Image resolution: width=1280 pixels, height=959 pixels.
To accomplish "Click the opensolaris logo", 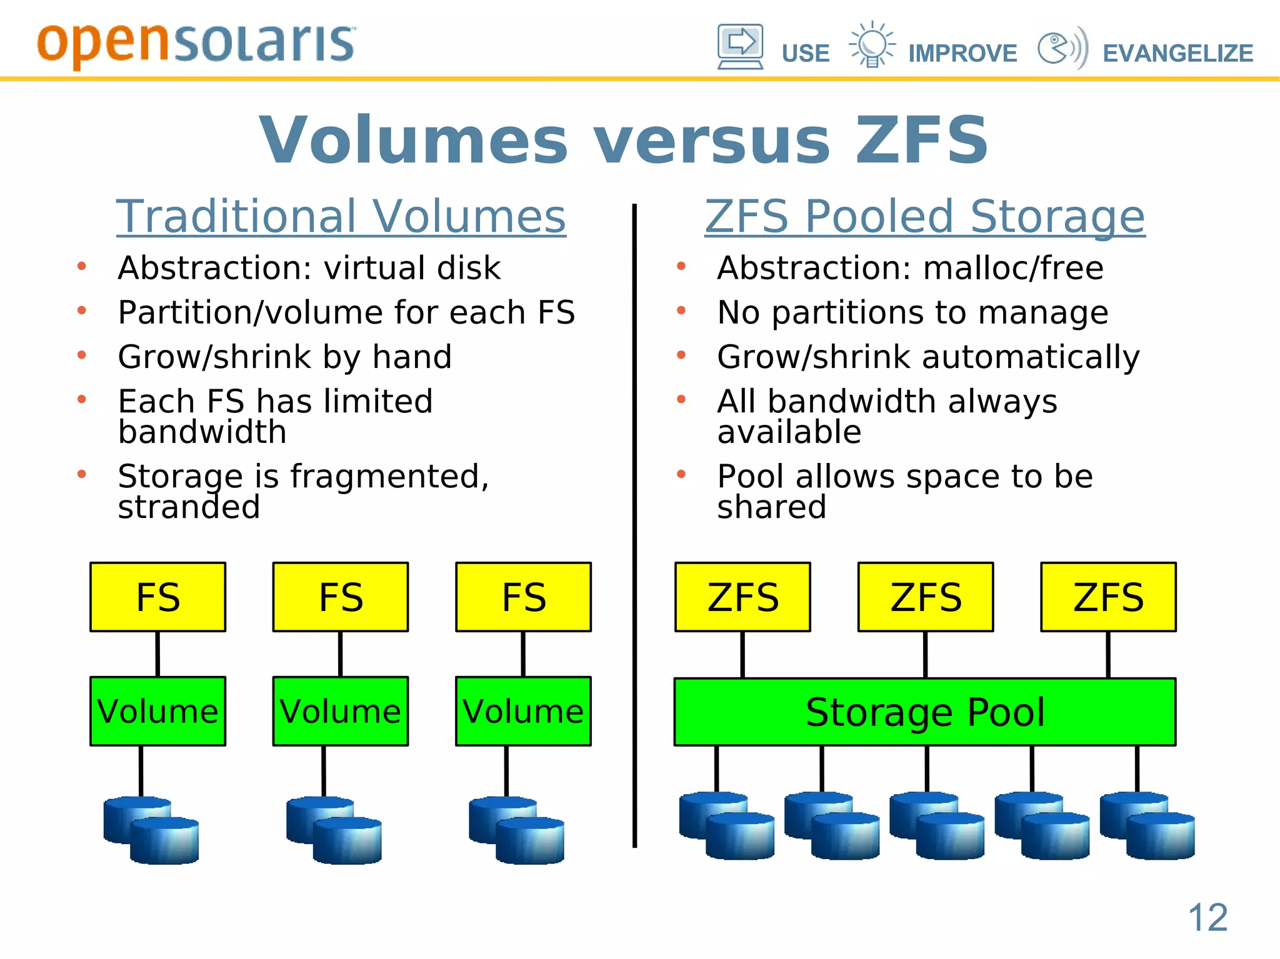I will click(196, 44).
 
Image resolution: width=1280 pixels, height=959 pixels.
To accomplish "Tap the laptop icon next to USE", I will click(740, 47).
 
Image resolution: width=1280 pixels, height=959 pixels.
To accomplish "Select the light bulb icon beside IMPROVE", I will click(872, 44).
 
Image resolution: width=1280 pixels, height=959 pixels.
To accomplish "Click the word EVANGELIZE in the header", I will click(1177, 54).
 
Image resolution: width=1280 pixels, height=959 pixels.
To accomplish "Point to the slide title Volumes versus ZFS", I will click(624, 140).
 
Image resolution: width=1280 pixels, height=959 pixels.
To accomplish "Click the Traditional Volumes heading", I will click(341, 216).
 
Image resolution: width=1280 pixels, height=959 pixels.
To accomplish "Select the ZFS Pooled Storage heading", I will click(925, 216).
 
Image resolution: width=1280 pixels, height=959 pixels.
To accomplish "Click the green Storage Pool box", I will click(925, 712).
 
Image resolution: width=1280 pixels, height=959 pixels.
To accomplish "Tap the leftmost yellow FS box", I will click(158, 597).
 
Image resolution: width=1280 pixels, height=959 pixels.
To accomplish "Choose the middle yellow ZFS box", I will click(926, 597).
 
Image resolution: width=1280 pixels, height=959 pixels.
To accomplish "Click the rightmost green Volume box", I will click(523, 712).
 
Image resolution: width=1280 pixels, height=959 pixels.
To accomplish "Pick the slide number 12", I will click(1207, 918).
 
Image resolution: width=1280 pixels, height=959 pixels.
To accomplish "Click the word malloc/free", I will click(1013, 268).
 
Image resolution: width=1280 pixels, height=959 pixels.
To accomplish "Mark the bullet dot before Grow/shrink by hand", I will click(82, 355).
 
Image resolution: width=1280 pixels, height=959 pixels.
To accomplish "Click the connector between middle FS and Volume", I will click(341, 654).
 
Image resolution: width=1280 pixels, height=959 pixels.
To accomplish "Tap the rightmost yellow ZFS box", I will click(1108, 597).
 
